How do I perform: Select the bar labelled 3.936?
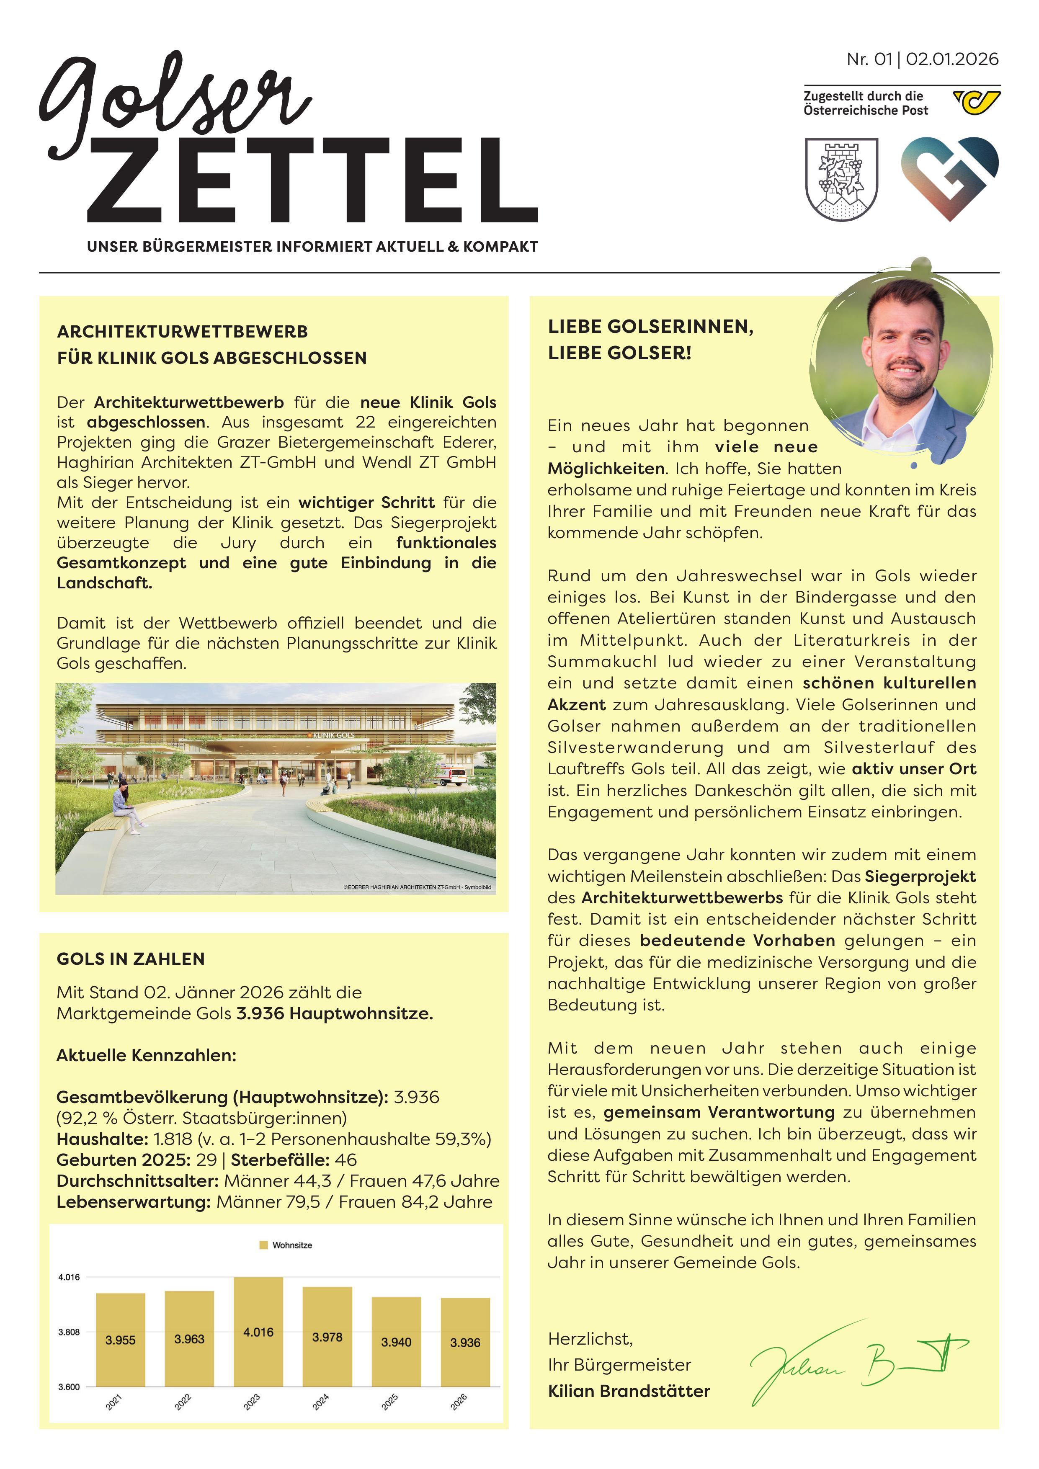pos(465,1342)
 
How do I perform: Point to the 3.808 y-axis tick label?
pos(69,1332)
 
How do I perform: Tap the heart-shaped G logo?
pos(949,178)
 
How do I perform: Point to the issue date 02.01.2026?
pos(952,59)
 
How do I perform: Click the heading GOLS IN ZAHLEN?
pos(131,959)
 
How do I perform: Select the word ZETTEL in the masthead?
pos(312,180)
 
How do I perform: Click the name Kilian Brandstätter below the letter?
pos(629,1391)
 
